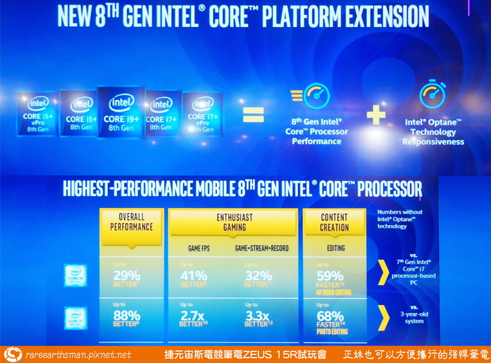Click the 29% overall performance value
pos(127,275)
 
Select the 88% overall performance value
pos(127,315)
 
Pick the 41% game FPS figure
pos(195,275)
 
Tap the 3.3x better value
pos(259,315)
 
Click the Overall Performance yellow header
pos(132,223)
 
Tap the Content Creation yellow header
pos(335,223)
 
